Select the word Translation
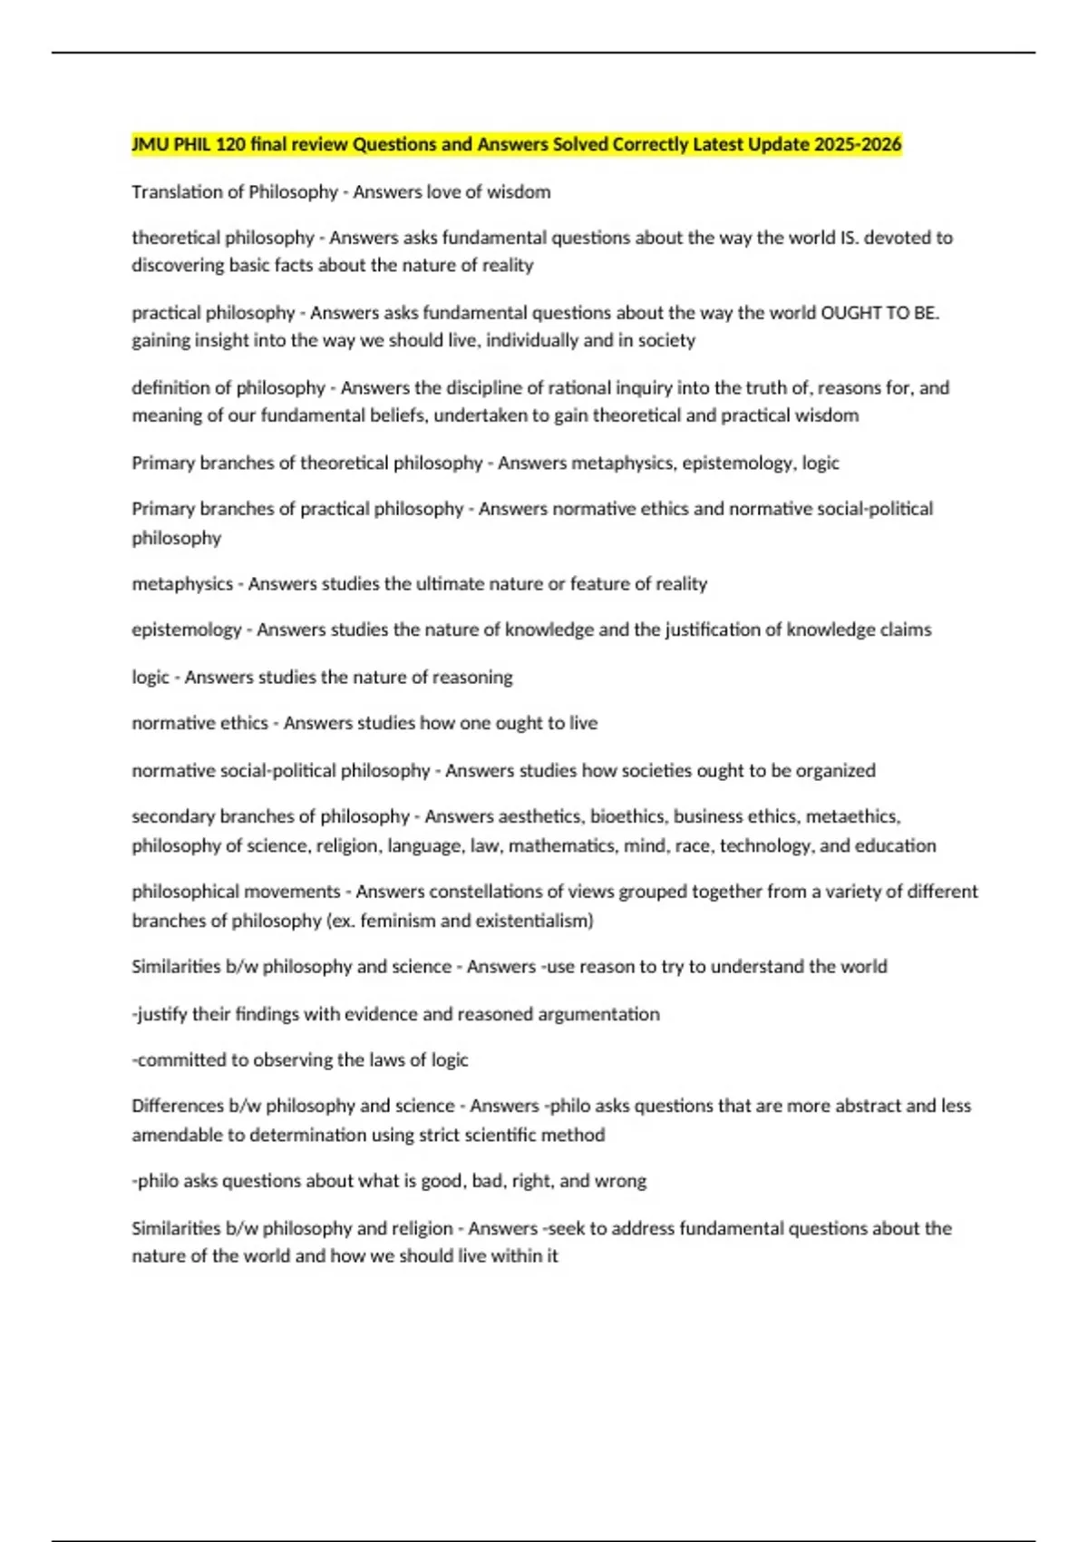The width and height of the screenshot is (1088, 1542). point(177,192)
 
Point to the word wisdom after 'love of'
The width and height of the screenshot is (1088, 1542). point(519,192)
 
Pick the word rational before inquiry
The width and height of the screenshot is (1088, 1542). point(582,388)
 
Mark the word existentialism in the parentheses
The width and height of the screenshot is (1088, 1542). point(538,921)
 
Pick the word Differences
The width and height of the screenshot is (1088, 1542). point(176,1106)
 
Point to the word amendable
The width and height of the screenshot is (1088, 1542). point(178,1135)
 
